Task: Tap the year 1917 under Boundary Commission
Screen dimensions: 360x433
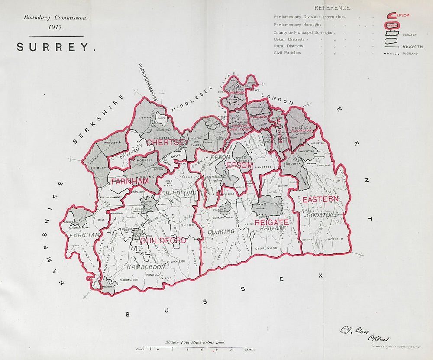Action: (x=56, y=27)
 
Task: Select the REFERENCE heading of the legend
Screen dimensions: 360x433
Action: (x=333, y=8)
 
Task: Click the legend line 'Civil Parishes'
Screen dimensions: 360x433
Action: (x=287, y=52)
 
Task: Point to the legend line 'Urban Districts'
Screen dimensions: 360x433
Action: (x=289, y=39)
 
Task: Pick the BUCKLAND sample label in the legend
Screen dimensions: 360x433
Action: (x=410, y=53)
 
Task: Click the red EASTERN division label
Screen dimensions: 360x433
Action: (x=320, y=199)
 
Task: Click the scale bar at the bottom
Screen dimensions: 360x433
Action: (x=195, y=347)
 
